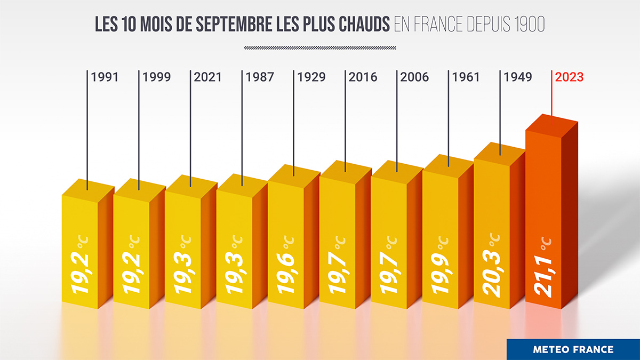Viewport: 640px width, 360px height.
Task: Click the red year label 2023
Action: pos(570,77)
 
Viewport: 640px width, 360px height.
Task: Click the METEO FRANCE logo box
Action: pos(573,349)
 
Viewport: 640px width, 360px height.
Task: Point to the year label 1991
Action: pos(105,77)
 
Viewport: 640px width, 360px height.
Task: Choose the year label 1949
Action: pos(517,77)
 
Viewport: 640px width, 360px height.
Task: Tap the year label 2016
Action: pos(363,77)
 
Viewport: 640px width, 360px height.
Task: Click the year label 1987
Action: pos(260,77)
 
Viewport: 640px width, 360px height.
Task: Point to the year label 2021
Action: pos(208,77)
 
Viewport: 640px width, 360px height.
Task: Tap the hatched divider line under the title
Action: pos(320,48)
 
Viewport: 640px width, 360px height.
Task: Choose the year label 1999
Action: pos(156,77)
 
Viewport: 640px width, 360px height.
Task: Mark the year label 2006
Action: pos(414,77)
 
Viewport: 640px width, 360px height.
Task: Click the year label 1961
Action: pos(466,77)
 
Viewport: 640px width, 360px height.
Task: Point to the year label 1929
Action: pos(311,77)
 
